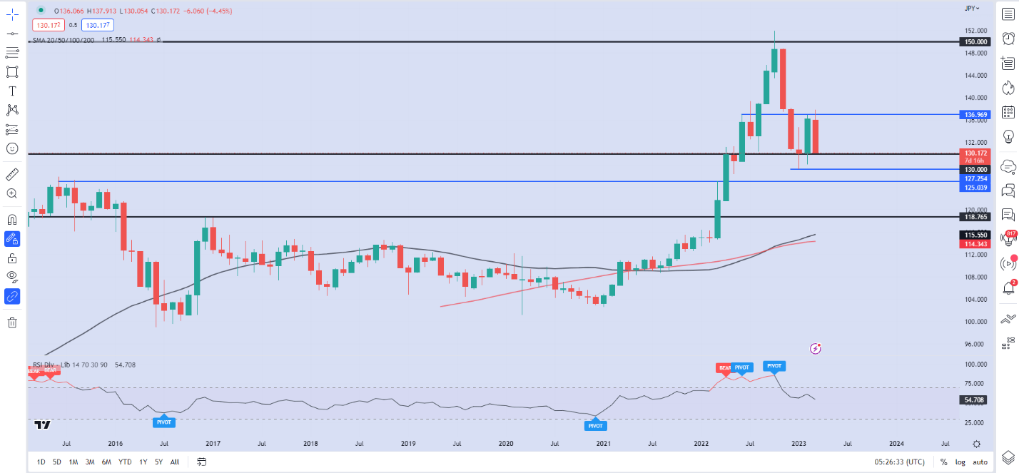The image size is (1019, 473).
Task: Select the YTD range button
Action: (125, 462)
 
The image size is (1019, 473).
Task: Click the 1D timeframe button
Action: (41, 462)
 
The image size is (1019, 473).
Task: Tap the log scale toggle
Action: (960, 462)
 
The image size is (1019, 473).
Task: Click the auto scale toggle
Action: (980, 462)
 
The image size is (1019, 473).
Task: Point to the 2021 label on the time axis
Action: (604, 443)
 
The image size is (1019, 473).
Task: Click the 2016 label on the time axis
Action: (115, 443)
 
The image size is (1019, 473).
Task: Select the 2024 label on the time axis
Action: (896, 443)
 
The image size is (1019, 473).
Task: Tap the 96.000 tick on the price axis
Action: (975, 344)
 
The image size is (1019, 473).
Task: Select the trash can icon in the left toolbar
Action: (12, 322)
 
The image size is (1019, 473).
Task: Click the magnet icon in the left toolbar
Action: (12, 219)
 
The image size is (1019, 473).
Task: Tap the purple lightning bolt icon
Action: (816, 348)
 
